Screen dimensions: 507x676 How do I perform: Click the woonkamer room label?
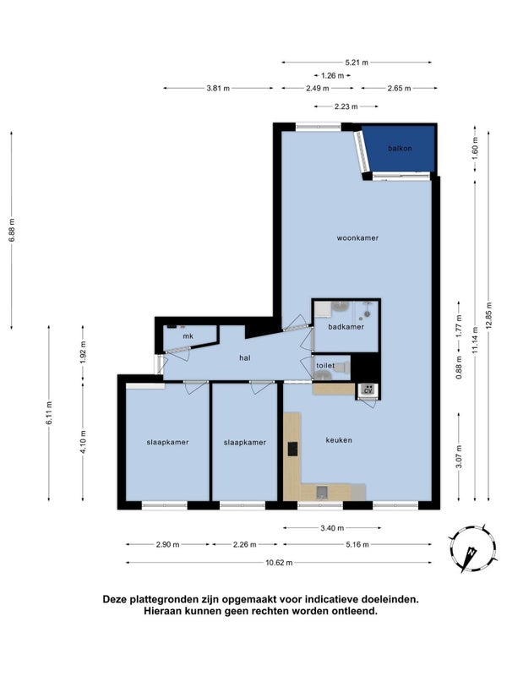point(357,238)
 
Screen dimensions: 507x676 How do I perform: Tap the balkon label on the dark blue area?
point(400,149)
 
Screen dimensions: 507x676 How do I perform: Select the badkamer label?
point(346,327)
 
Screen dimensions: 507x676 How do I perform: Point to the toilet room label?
point(325,366)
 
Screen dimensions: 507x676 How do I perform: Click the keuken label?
point(339,440)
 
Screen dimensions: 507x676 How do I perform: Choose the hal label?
point(245,357)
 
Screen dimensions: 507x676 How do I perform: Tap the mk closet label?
point(188,336)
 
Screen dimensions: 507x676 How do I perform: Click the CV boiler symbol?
point(368,390)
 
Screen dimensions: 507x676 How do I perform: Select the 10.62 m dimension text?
point(279,563)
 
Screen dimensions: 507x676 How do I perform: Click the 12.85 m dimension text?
point(488,318)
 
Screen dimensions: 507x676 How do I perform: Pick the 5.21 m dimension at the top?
point(357,63)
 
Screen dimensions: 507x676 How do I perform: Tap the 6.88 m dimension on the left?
point(12,230)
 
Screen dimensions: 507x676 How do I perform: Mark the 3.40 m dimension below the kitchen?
point(332,528)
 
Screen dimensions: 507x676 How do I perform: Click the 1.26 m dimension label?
point(332,76)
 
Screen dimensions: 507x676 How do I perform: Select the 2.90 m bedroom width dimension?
point(167,545)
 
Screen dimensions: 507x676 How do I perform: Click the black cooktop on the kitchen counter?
point(292,449)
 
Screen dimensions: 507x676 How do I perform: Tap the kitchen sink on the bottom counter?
point(322,492)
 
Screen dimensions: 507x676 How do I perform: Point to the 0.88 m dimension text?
point(459,368)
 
